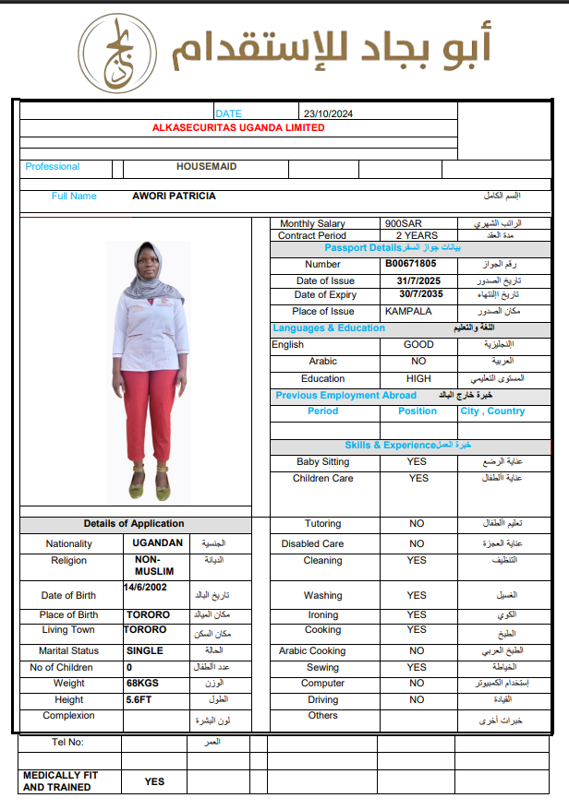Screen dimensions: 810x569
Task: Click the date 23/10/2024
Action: pos(328,113)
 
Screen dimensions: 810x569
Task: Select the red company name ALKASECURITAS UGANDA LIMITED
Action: pos(238,128)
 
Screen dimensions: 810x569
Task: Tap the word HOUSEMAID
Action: pos(207,167)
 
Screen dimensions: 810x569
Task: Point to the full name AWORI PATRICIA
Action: pos(175,196)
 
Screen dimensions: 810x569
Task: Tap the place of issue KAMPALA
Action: pos(408,311)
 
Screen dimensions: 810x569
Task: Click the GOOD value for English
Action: pos(418,345)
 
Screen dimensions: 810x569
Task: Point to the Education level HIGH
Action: pos(418,379)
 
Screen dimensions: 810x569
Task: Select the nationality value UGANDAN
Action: pos(158,543)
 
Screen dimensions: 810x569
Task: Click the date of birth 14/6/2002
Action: pos(149,587)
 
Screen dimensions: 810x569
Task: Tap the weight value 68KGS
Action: pos(144,684)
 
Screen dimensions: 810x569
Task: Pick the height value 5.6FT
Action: pos(139,700)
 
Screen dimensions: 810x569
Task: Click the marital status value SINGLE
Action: pos(144,650)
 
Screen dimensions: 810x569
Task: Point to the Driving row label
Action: pos(322,700)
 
